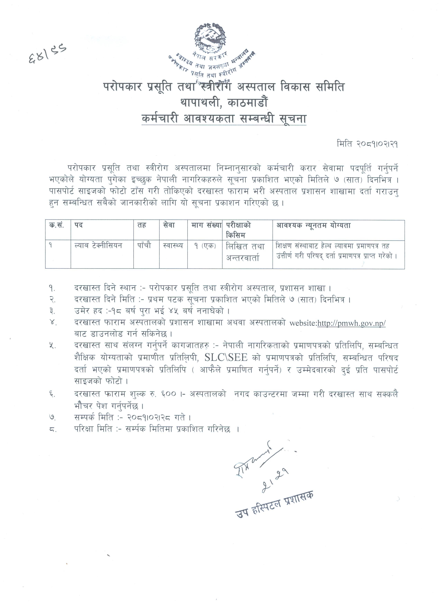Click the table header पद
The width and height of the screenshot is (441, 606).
point(79,225)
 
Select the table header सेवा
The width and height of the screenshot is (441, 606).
point(169,225)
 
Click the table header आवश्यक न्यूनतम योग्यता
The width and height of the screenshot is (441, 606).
point(313,225)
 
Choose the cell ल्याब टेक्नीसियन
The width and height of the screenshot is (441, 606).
point(98,245)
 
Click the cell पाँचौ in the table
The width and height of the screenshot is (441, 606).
point(144,245)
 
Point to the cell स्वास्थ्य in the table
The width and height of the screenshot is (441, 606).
point(173,245)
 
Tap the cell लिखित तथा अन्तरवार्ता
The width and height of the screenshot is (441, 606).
point(245,252)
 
